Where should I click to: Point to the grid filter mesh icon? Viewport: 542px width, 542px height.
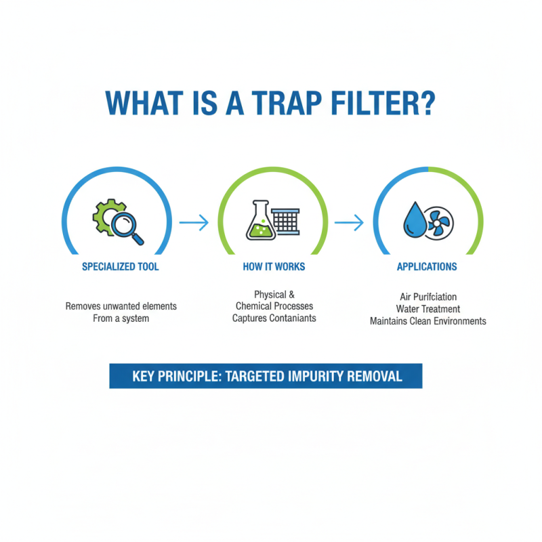(x=285, y=221)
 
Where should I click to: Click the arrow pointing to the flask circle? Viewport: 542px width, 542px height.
(x=194, y=222)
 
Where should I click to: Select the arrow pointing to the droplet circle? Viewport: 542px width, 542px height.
(x=350, y=222)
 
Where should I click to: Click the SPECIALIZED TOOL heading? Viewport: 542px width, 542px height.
(x=121, y=267)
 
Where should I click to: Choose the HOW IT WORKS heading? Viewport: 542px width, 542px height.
(x=274, y=267)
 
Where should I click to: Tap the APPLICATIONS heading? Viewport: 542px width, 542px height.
(x=427, y=267)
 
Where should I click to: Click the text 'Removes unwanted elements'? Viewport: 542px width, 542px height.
(x=121, y=306)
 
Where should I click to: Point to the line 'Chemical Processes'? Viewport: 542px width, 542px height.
(x=274, y=306)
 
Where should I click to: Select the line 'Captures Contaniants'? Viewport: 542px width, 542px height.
(x=274, y=318)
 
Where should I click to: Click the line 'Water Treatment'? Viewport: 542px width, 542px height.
(x=428, y=309)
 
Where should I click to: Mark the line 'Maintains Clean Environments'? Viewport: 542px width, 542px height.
(x=428, y=321)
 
